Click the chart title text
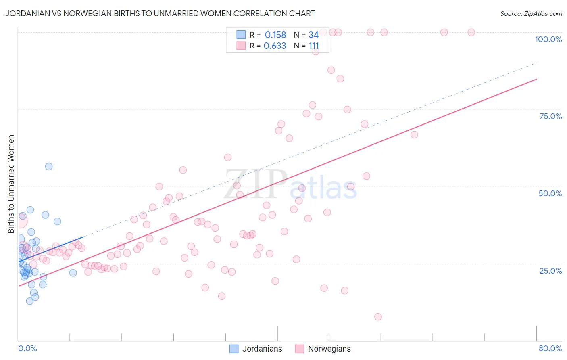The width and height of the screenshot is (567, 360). click(160, 13)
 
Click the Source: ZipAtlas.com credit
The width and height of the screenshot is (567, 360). click(531, 13)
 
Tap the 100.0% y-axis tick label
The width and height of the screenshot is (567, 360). click(548, 39)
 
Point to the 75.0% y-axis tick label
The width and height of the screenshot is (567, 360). click(550, 116)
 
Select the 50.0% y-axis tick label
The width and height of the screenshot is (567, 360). click(550, 193)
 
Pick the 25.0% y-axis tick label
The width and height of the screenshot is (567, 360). click(550, 270)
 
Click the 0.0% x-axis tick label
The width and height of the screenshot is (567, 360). click(27, 348)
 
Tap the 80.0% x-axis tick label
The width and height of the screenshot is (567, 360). click(550, 348)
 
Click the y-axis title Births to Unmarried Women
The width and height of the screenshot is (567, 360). click(11, 184)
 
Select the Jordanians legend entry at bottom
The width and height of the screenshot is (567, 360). click(256, 349)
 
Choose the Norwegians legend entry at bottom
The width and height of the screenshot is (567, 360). click(323, 349)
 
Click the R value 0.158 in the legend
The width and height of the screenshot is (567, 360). click(275, 35)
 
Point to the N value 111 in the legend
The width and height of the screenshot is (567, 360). click(314, 46)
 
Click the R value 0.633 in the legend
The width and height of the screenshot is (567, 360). click(275, 46)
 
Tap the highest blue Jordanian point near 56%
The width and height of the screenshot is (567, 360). click(49, 166)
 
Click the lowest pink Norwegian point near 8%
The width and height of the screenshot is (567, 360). click(378, 317)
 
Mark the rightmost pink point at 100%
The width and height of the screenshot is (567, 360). click(471, 32)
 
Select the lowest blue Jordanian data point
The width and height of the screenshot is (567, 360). click(29, 301)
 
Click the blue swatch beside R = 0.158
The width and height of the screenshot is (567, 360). click(241, 35)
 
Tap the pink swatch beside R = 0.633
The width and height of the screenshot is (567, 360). click(241, 46)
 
